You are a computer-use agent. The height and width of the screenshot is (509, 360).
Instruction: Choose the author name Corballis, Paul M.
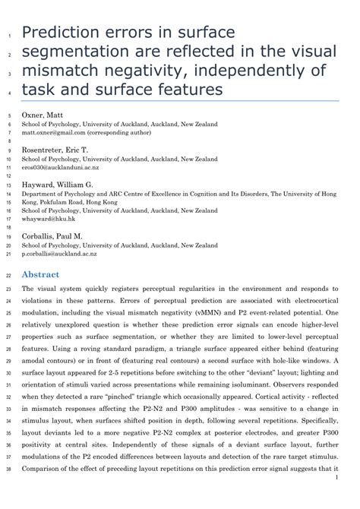click(55, 237)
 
